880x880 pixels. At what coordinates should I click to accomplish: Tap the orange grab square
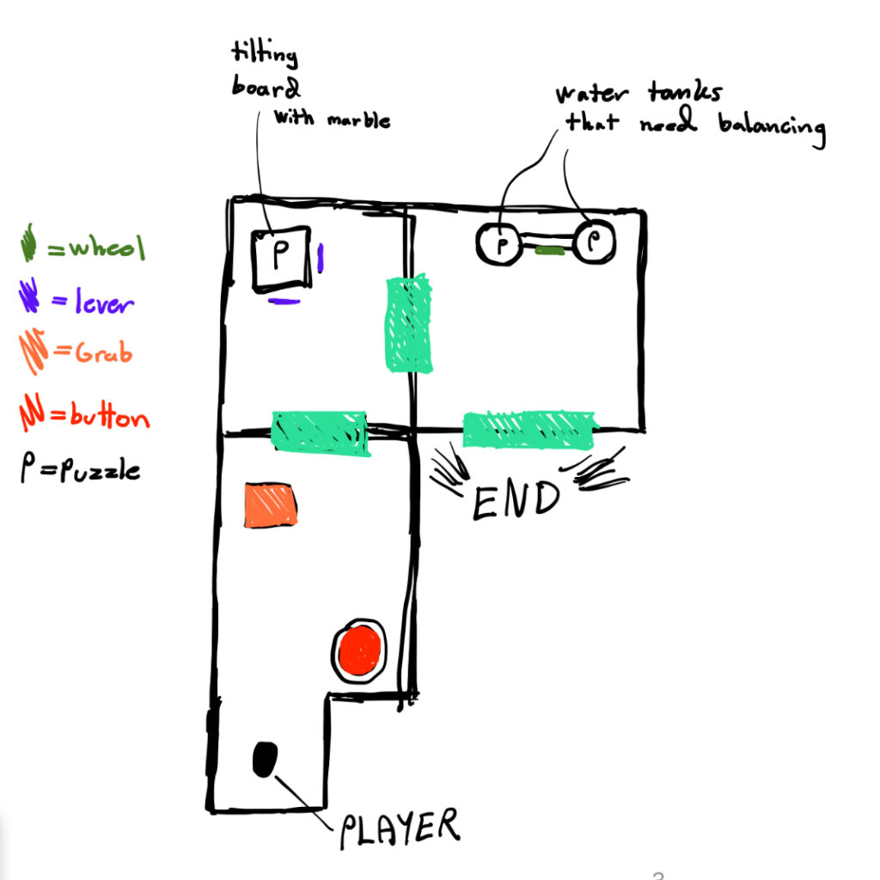point(271,504)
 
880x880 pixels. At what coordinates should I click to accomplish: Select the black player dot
point(265,759)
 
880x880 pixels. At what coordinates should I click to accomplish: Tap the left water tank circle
point(498,243)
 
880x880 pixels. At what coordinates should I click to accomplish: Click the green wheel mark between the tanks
point(549,251)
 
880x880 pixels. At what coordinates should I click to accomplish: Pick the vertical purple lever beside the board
point(321,258)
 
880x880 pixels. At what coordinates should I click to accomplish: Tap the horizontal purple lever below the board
point(284,301)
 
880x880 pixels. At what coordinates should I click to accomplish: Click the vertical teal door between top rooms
point(408,322)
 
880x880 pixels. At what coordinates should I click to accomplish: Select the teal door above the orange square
point(320,431)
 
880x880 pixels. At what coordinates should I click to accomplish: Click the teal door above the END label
point(529,429)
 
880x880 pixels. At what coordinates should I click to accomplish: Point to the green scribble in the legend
point(28,243)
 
